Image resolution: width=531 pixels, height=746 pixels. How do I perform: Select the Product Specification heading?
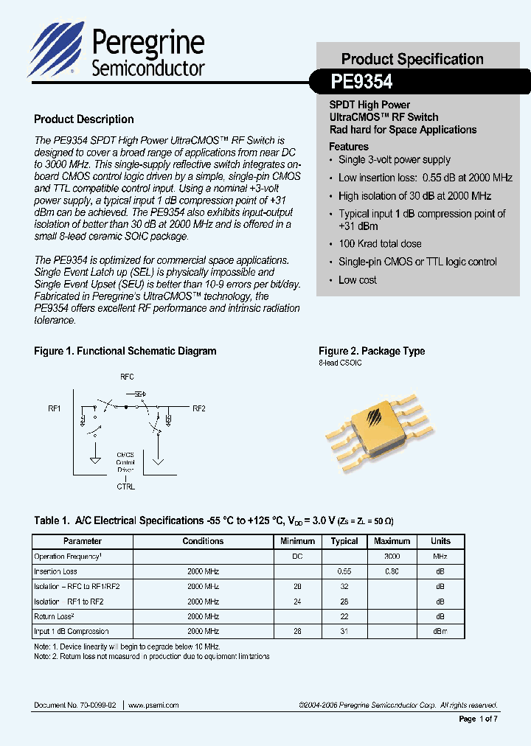coord(412,59)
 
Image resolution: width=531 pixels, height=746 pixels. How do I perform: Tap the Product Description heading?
coord(84,119)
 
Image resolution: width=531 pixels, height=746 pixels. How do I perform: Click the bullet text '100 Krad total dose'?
coord(380,244)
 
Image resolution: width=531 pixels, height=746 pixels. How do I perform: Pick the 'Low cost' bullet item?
coord(358,280)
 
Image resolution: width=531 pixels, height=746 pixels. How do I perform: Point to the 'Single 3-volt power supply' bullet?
coord(394,160)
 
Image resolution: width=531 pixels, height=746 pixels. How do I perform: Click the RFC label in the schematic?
coord(127,376)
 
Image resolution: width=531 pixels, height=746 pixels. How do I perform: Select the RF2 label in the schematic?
coord(198,408)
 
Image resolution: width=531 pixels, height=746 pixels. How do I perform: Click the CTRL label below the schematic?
coord(126,487)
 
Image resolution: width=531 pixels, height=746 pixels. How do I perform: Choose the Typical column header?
coord(344,541)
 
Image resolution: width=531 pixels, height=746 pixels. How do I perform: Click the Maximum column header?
coord(392,541)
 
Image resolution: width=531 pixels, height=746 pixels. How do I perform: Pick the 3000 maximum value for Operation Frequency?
coord(392,557)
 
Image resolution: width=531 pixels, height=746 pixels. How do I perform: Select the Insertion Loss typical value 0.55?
coord(344,571)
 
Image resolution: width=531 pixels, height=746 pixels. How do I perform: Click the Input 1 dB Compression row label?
coord(72,631)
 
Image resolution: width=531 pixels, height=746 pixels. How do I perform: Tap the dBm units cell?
coord(440,631)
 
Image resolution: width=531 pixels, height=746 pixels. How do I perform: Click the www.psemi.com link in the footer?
coord(154,705)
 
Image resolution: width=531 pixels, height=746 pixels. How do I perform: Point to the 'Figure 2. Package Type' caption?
coord(372,352)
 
